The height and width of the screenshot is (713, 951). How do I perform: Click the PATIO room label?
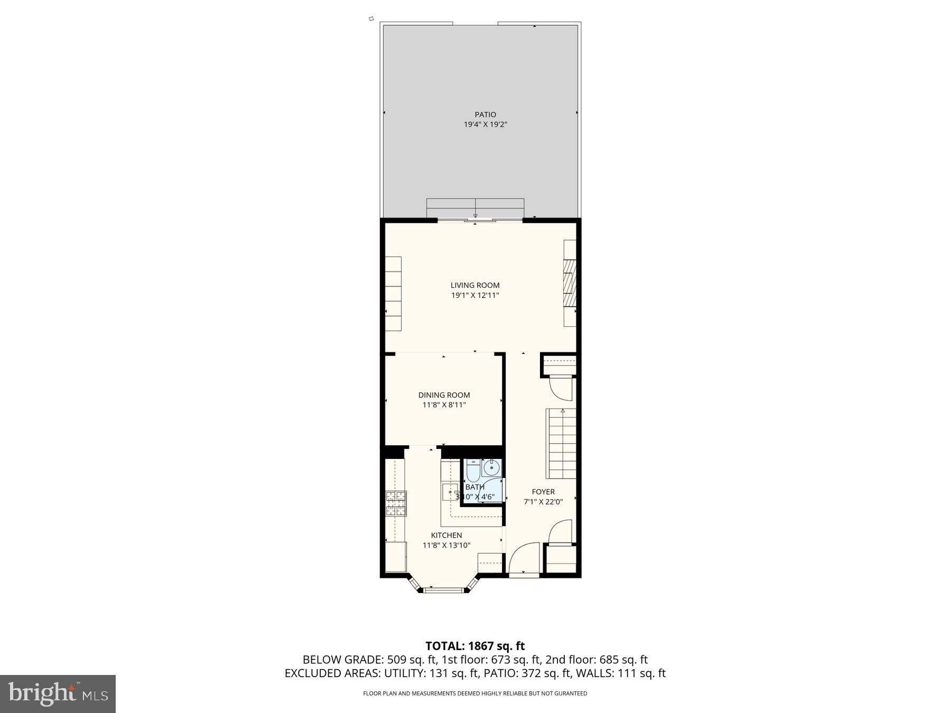point(485,115)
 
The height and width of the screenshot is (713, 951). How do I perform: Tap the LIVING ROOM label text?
point(474,285)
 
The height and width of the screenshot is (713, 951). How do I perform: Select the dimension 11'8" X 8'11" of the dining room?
point(444,405)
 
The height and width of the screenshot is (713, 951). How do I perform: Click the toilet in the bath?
point(472,469)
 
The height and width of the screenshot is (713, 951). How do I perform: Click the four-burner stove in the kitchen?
point(396,503)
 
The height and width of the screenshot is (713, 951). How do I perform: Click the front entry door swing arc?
point(523,557)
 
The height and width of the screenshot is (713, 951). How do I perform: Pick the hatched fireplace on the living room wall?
point(570,283)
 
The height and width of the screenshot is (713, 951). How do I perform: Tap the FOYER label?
point(543,492)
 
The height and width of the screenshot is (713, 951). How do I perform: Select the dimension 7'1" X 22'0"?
point(543,502)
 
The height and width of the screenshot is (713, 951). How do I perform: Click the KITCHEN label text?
point(446,536)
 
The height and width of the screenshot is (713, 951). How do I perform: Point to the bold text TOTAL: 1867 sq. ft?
point(475,645)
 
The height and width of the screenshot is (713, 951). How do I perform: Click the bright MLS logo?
point(58,693)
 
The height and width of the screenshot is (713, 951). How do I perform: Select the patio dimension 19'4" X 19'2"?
point(485,125)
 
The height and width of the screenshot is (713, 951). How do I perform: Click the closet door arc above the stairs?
point(560,388)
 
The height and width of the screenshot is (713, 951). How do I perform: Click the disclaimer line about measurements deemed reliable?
point(475,693)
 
